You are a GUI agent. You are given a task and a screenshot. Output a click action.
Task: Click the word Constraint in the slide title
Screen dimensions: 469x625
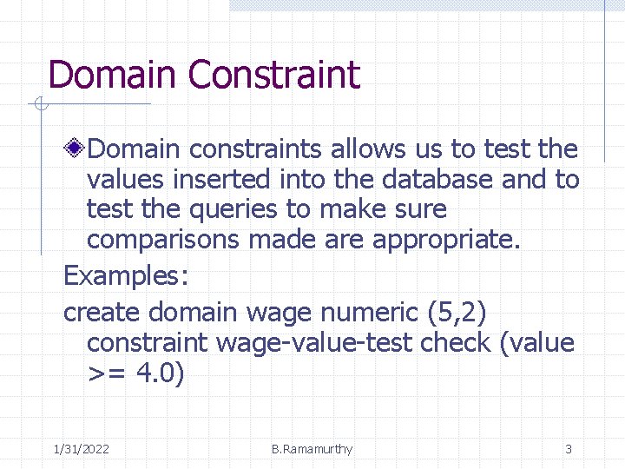[x=273, y=75]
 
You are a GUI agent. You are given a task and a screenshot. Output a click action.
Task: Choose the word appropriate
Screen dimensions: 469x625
[x=446, y=240]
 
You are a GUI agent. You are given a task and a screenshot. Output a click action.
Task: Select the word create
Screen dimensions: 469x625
[x=102, y=311]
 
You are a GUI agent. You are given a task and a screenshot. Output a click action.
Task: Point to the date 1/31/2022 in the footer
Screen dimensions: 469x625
[x=81, y=449]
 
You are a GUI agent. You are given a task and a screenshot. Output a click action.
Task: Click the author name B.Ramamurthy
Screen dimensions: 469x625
[x=312, y=449]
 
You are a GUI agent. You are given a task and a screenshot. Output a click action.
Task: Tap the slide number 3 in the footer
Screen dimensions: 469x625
[x=569, y=449]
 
